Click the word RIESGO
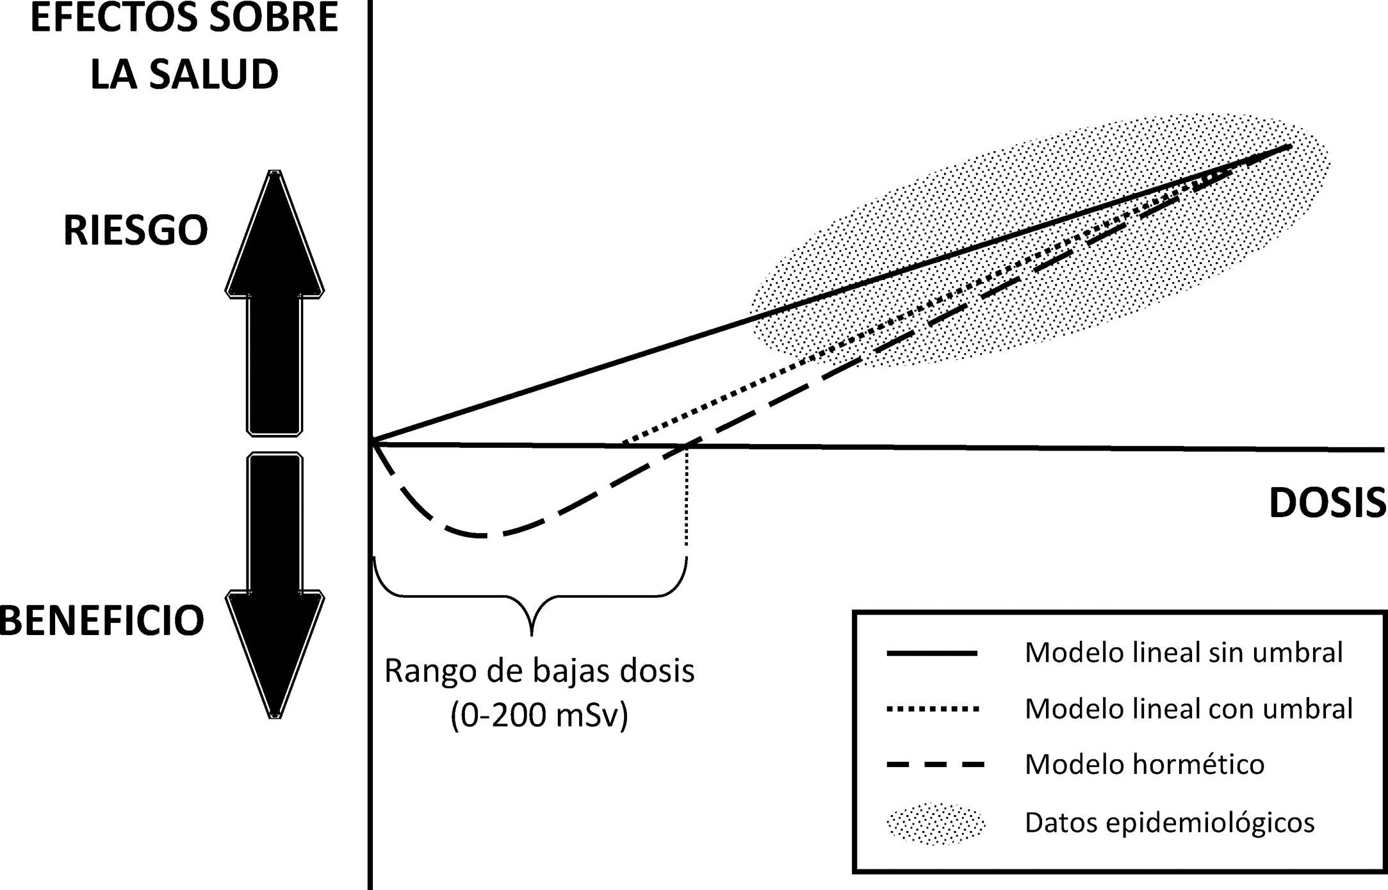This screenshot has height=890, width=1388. pyautogui.click(x=136, y=231)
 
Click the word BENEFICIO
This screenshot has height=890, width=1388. pyautogui.click(x=101, y=620)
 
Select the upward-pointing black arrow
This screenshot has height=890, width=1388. pyautogui.click(x=275, y=301)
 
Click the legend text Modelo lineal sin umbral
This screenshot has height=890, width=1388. pyautogui.click(x=1184, y=652)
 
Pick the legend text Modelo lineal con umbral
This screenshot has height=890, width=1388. pyautogui.click(x=1189, y=708)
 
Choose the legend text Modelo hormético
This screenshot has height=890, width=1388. pyautogui.click(x=1145, y=764)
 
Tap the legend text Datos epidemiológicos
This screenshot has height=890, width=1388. pyautogui.click(x=1170, y=822)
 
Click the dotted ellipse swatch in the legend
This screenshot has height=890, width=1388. pyautogui.click(x=936, y=823)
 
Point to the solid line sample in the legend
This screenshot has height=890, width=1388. pyautogui.click(x=932, y=653)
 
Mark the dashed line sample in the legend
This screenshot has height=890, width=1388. pyautogui.click(x=935, y=764)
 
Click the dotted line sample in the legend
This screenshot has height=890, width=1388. pyautogui.click(x=933, y=709)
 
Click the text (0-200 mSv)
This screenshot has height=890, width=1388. pyautogui.click(x=539, y=715)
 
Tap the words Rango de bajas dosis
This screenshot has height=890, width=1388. pyautogui.click(x=539, y=671)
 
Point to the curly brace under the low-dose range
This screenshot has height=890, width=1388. pyautogui.click(x=531, y=596)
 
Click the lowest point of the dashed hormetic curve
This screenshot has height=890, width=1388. pyautogui.click(x=485, y=535)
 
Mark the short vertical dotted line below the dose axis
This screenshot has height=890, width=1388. pyautogui.click(x=687, y=500)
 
